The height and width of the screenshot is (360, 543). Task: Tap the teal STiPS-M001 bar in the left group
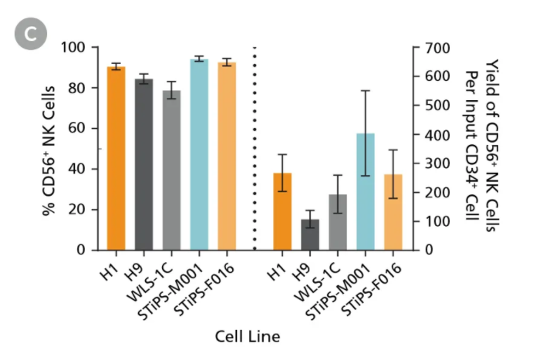[x=199, y=154]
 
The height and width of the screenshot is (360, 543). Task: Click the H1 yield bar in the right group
[x=282, y=211]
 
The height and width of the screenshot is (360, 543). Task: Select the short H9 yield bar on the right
[x=310, y=234]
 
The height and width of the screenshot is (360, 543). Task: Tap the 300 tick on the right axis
[x=437, y=163]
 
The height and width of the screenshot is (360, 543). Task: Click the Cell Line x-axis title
[x=247, y=336]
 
